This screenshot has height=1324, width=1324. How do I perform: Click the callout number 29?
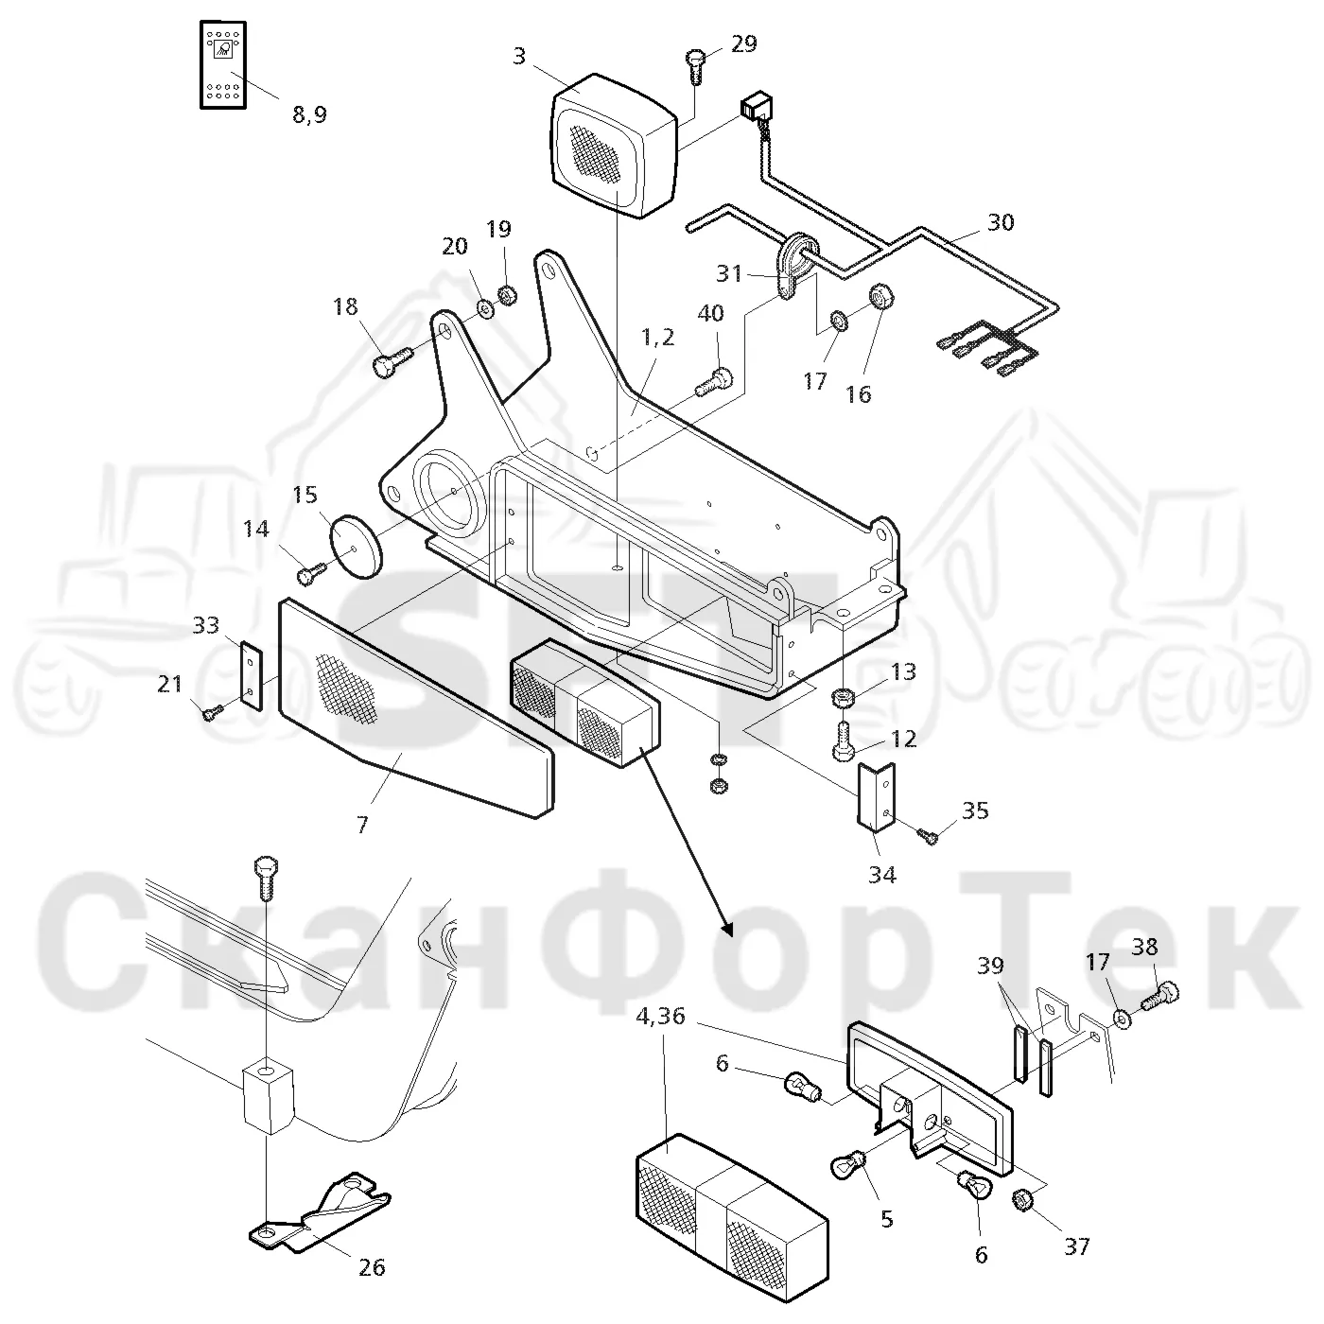pyautogui.click(x=743, y=44)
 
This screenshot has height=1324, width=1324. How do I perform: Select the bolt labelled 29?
pyautogui.click(x=695, y=66)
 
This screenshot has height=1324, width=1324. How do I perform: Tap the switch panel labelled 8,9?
pyautogui.click(x=222, y=64)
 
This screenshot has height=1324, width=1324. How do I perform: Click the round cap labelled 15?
pyautogui.click(x=356, y=548)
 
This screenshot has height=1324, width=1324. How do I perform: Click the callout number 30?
pyautogui.click(x=1001, y=222)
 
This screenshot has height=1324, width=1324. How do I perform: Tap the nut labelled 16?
pyautogui.click(x=881, y=298)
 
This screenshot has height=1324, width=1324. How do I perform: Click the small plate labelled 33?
pyautogui.click(x=252, y=675)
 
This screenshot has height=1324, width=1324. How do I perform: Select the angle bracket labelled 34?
pyautogui.click(x=876, y=797)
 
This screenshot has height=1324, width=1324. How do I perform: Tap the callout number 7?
pyautogui.click(x=362, y=824)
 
